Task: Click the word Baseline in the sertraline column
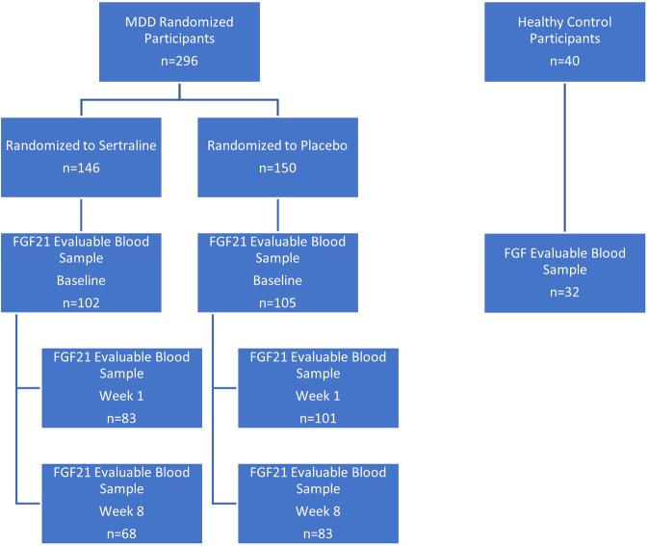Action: point(81,280)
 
